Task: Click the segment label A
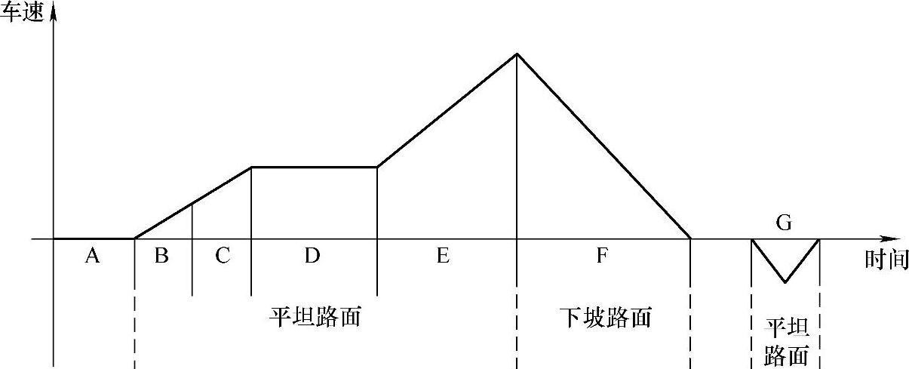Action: pyautogui.click(x=92, y=257)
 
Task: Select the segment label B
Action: pyautogui.click(x=161, y=257)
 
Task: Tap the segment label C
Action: pyautogui.click(x=222, y=257)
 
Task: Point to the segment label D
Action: pyautogui.click(x=312, y=257)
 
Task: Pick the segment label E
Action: pyautogui.click(x=443, y=257)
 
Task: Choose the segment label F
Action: pyautogui.click(x=601, y=257)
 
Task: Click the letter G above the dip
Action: pyautogui.click(x=784, y=223)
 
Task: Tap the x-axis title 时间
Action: pyautogui.click(x=886, y=260)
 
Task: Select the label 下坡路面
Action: pyautogui.click(x=606, y=318)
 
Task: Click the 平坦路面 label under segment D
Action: pyautogui.click(x=315, y=317)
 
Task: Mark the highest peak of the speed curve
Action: pyautogui.click(x=517, y=54)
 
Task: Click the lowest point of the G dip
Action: pyautogui.click(x=785, y=282)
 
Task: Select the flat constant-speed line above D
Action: pyautogui.click(x=314, y=167)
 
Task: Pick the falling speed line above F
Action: pyautogui.click(x=603, y=146)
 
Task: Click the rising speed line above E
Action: pyautogui.click(x=447, y=111)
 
